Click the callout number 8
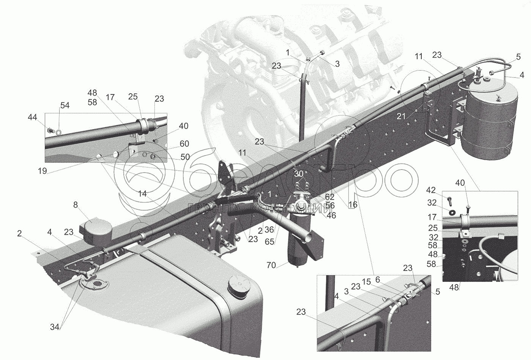[x=76, y=205]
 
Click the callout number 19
[x=42, y=171]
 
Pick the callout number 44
[x=32, y=118]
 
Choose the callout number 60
[x=184, y=144]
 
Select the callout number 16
[x=353, y=204]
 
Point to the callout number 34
[x=55, y=327]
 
